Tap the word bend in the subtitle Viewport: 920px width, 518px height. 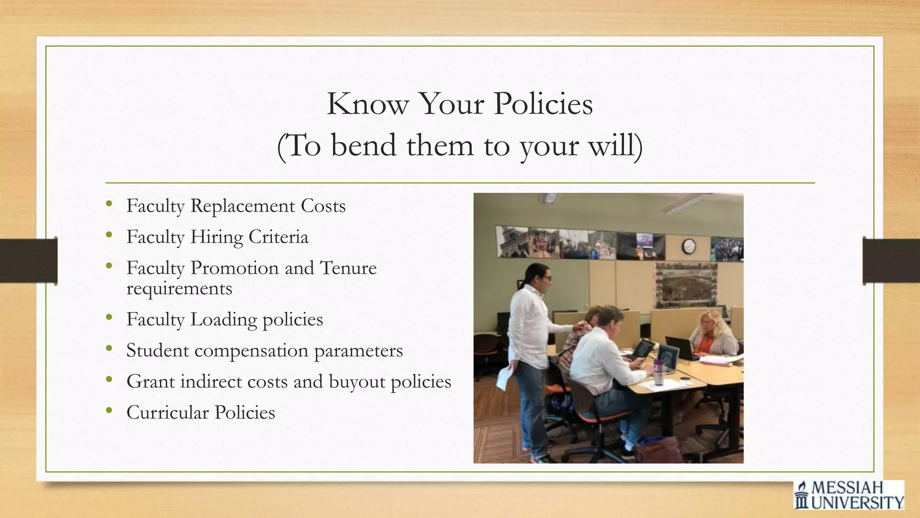(x=364, y=146)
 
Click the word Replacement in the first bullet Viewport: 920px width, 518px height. (x=243, y=206)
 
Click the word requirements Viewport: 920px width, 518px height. (x=179, y=288)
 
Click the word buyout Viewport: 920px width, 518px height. (x=357, y=382)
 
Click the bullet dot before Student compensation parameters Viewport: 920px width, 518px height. (x=109, y=348)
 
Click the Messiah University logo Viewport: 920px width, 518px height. (x=849, y=495)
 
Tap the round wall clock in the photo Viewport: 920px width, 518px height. (x=689, y=246)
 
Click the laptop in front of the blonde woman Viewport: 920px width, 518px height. (x=681, y=347)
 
